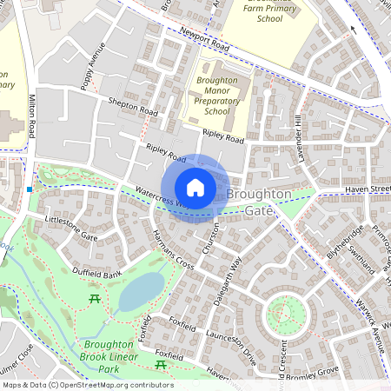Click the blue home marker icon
click(x=195, y=188)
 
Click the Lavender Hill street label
click(x=297, y=130)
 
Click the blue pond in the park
click(x=140, y=291)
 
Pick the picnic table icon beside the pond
click(x=93, y=300)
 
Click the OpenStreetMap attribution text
click(x=87, y=384)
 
